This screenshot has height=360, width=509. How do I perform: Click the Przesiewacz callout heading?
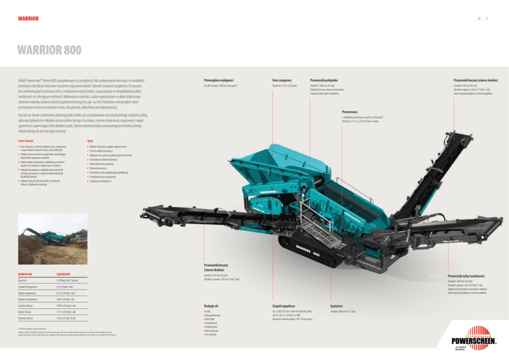point(351,113)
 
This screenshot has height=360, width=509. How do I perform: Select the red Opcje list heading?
point(91,142)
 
